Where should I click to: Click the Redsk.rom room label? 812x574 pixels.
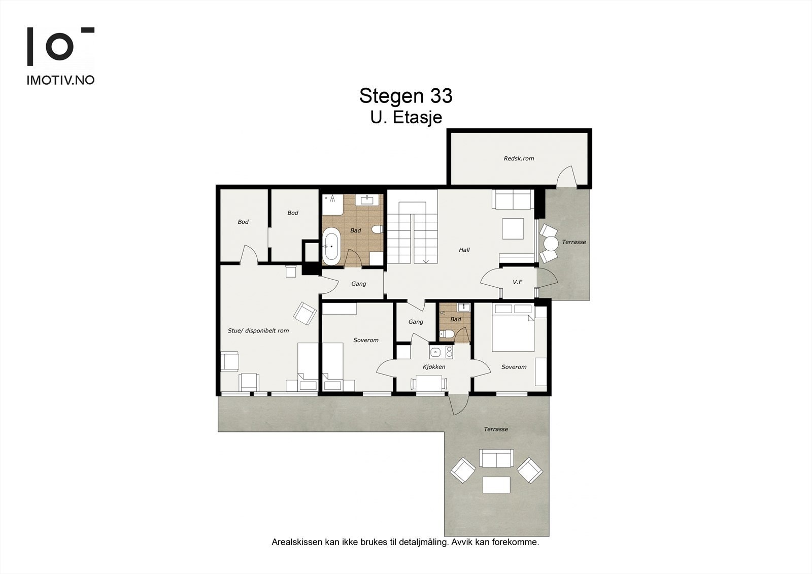(x=519, y=158)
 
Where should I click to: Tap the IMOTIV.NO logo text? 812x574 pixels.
(x=60, y=81)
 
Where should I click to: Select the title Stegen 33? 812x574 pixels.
(x=406, y=96)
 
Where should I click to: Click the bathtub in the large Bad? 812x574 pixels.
(x=331, y=247)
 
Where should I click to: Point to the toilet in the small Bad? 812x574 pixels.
(x=446, y=334)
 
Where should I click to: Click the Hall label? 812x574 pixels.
(x=464, y=250)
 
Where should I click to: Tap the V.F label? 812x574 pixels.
(x=517, y=282)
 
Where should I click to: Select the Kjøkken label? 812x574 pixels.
(x=434, y=366)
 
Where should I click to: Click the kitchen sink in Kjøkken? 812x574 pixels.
(x=435, y=352)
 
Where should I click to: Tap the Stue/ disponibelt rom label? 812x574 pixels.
(x=258, y=331)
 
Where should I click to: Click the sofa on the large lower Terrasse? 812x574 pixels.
(x=496, y=458)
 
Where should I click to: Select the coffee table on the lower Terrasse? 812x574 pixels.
(x=497, y=485)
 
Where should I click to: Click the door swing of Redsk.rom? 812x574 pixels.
(x=566, y=176)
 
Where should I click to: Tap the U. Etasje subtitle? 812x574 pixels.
(x=406, y=117)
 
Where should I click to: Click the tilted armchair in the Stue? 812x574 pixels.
(x=305, y=313)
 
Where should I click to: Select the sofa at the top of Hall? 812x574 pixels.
(x=513, y=199)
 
